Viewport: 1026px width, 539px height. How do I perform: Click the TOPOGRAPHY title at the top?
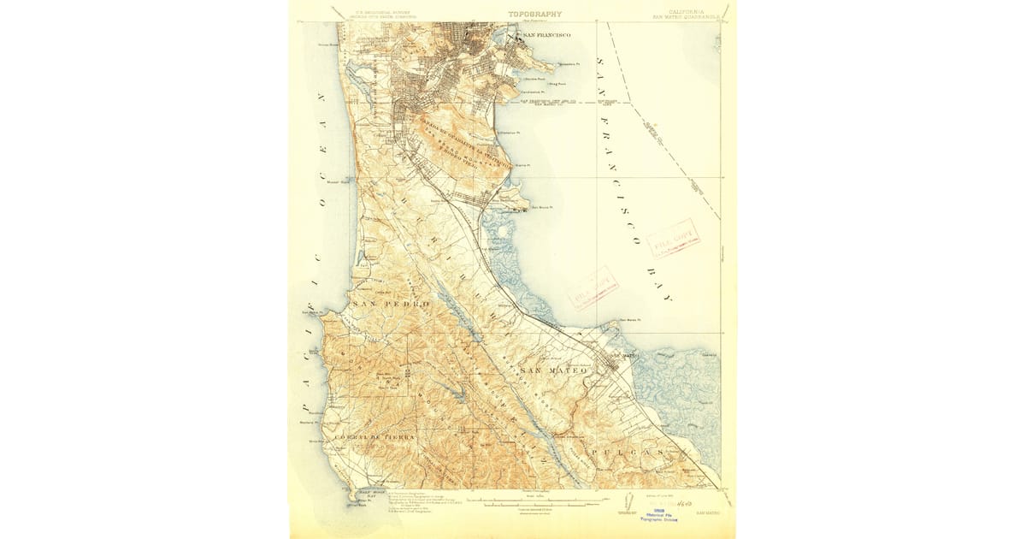[535, 14]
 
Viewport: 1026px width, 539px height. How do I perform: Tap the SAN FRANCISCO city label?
[547, 35]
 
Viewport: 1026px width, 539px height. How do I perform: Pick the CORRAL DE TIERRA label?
[374, 437]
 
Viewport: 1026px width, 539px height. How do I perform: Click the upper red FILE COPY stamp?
[674, 239]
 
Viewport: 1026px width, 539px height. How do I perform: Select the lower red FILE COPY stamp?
[593, 287]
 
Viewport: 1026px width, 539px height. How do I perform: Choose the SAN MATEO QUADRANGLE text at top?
[685, 16]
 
